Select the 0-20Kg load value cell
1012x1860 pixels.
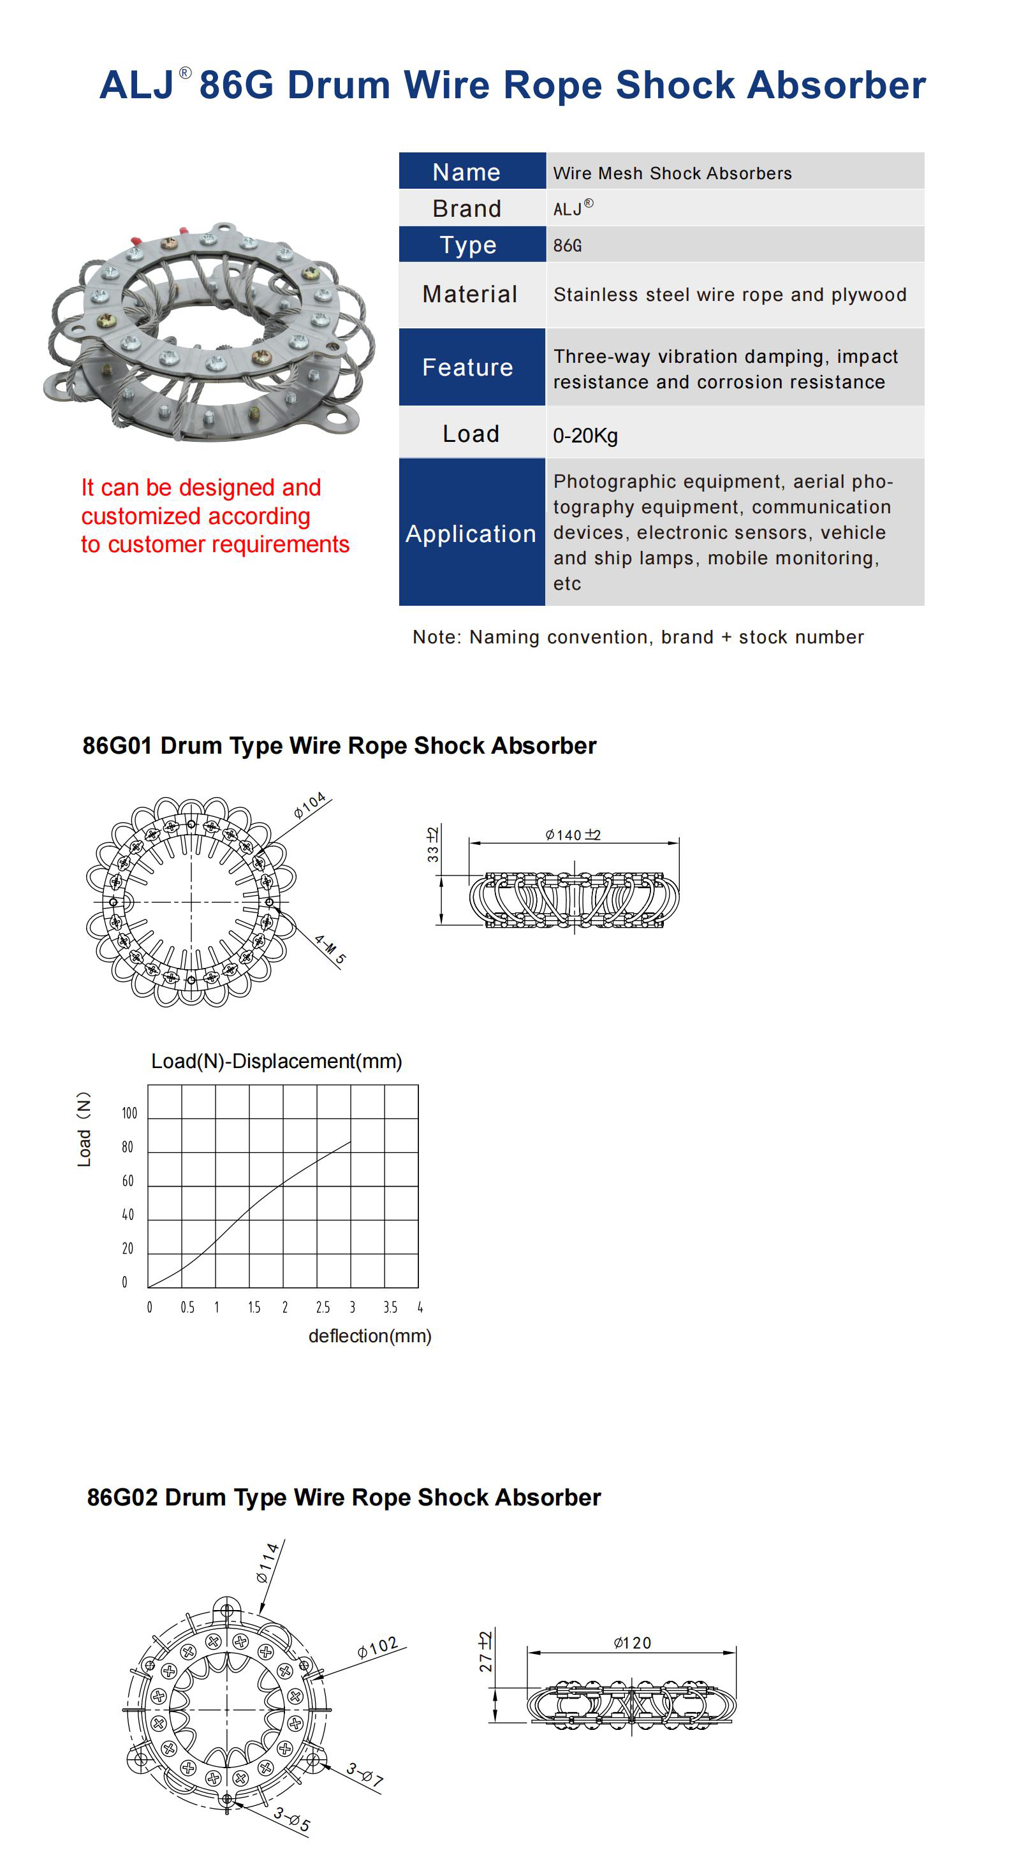tap(585, 436)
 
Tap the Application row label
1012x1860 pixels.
tap(471, 534)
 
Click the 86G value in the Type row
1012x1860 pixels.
tap(567, 245)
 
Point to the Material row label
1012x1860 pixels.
tap(469, 294)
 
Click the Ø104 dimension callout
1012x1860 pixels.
tap(310, 805)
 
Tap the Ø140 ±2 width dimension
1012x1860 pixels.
tap(573, 835)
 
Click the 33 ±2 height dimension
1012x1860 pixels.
tap(432, 845)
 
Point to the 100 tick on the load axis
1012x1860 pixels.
tap(129, 1113)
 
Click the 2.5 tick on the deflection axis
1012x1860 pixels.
tap(322, 1308)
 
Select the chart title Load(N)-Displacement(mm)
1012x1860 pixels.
tap(276, 1060)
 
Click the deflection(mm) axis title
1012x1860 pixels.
tap(369, 1336)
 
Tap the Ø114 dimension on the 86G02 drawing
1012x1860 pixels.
tap(267, 1563)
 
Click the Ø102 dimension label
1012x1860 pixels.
tap(378, 1648)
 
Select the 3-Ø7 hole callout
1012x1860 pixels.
tap(364, 1774)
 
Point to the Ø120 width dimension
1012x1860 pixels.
tap(632, 1643)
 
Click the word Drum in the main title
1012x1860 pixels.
tap(339, 85)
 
